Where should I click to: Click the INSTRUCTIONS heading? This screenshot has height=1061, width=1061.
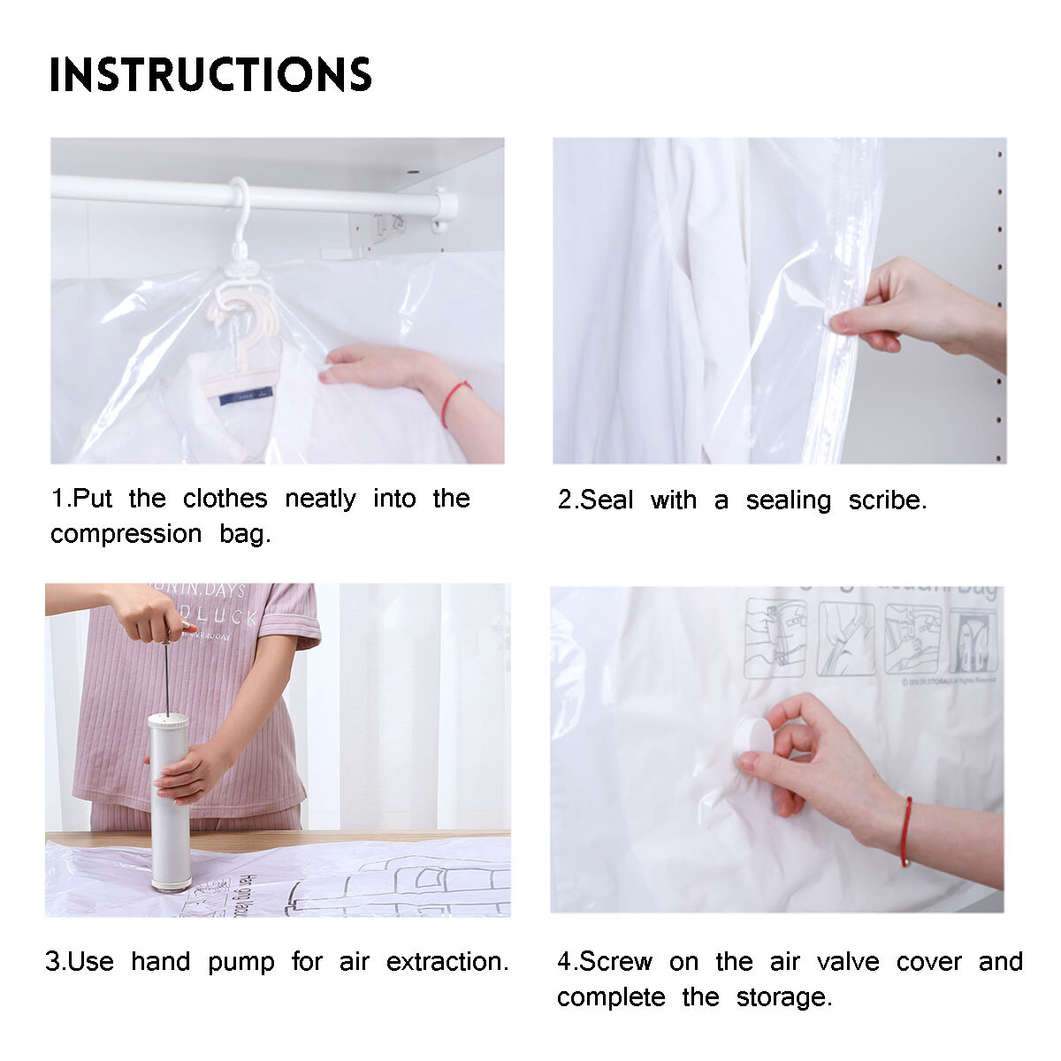coord(210,74)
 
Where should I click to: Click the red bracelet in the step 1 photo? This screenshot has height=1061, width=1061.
coord(453,399)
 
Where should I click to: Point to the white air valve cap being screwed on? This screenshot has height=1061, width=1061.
coord(752,735)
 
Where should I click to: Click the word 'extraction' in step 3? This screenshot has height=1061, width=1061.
coord(447,961)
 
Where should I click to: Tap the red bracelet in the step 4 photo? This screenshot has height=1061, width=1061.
coord(906,831)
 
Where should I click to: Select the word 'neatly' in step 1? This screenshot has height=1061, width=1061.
coord(320,499)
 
